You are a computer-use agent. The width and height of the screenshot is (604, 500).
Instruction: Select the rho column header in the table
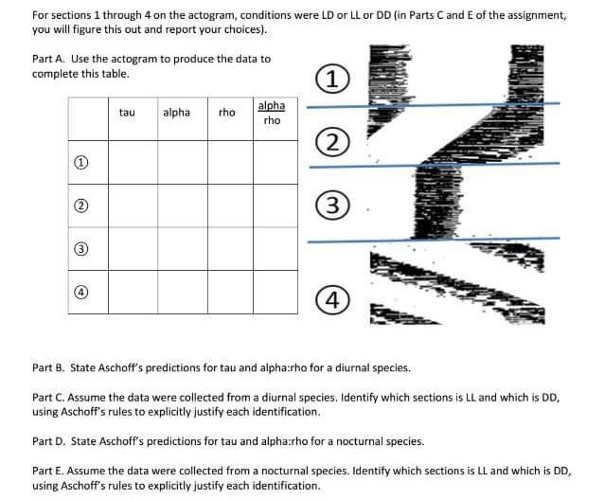pos(226,113)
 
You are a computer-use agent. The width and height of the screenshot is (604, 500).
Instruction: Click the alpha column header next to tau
pos(176,113)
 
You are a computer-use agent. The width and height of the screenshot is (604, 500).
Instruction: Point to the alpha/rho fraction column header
pos(272,113)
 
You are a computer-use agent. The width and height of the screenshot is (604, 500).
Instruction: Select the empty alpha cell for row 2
pos(182,206)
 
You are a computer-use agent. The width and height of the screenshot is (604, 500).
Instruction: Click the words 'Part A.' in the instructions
pos(49,59)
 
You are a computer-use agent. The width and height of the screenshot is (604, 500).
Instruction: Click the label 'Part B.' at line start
pos(49,367)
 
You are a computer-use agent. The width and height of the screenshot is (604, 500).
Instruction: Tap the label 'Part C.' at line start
pos(49,399)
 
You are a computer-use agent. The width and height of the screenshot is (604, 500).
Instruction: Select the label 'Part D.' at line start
pos(49,441)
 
